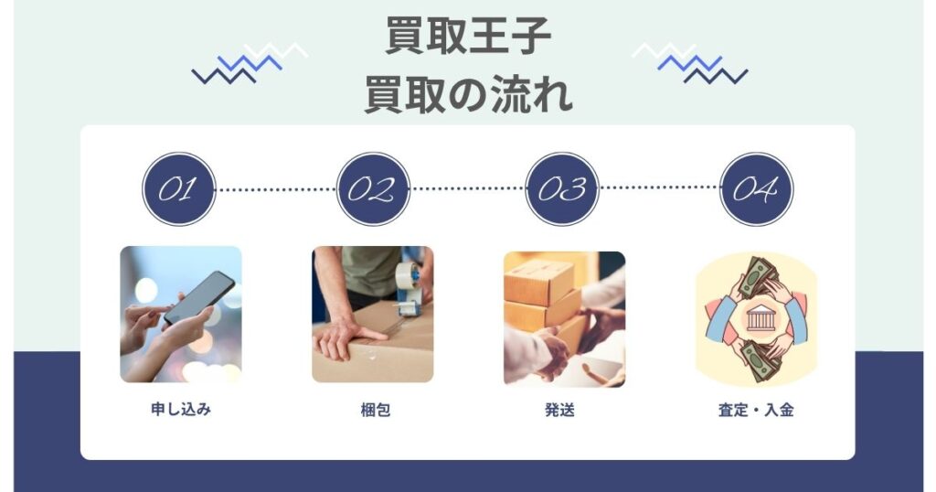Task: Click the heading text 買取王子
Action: (x=468, y=38)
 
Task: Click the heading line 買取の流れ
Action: (x=468, y=94)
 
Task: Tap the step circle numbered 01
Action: (x=178, y=189)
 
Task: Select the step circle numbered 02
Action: (x=372, y=189)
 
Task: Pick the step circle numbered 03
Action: (x=562, y=189)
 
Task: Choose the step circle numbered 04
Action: (x=756, y=189)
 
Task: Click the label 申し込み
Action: (x=181, y=410)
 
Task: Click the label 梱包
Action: (x=375, y=410)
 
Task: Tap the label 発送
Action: (x=559, y=410)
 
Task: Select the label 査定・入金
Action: (x=756, y=410)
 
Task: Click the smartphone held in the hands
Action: (x=199, y=297)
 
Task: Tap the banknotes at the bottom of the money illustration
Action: (x=758, y=361)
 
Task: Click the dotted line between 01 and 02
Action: (x=275, y=189)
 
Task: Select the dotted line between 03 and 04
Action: (x=659, y=188)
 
